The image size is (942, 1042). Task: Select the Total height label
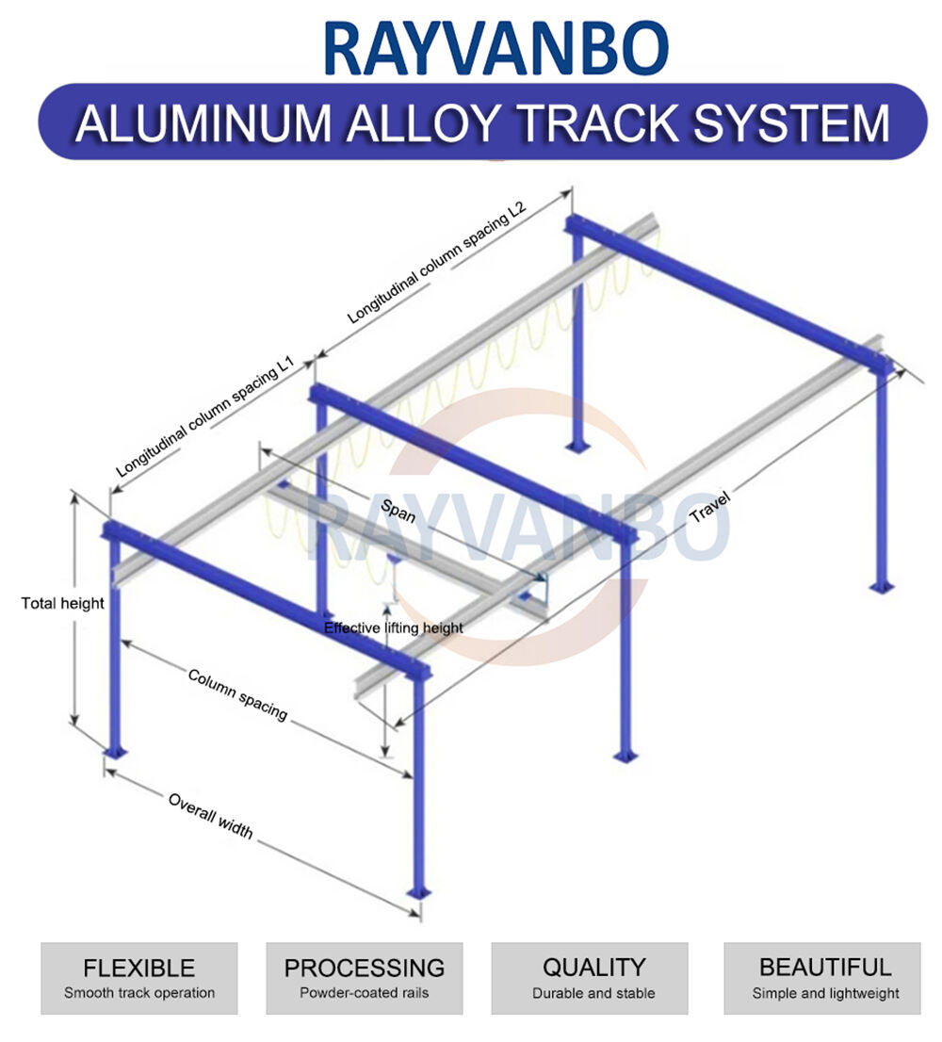[62, 603]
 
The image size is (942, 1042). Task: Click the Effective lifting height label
[393, 627]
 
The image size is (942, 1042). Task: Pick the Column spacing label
[237, 694]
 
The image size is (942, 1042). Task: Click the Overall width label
[210, 815]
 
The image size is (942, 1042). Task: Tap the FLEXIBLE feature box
[139, 978]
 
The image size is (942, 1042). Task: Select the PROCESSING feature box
[365, 978]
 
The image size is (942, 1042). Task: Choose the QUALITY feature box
[593, 978]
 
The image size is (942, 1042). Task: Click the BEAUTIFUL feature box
[825, 978]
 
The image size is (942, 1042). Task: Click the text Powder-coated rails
[365, 993]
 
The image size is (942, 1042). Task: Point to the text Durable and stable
[593, 993]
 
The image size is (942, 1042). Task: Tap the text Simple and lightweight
[825, 993]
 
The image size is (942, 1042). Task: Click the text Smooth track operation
[139, 993]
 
